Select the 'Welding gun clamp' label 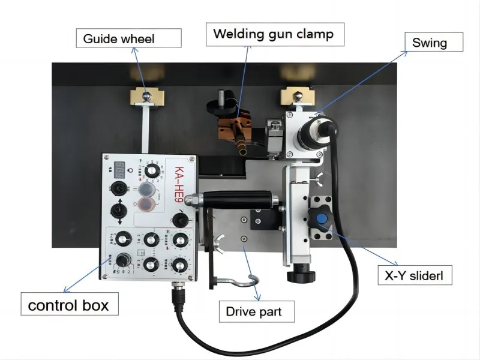[x=273, y=34]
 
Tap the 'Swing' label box [x=430, y=43]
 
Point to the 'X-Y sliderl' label [x=413, y=276]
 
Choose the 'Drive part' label [x=253, y=311]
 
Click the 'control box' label [x=68, y=304]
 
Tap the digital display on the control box [x=119, y=169]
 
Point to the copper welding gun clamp [x=235, y=128]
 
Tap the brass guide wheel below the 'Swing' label [x=296, y=94]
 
